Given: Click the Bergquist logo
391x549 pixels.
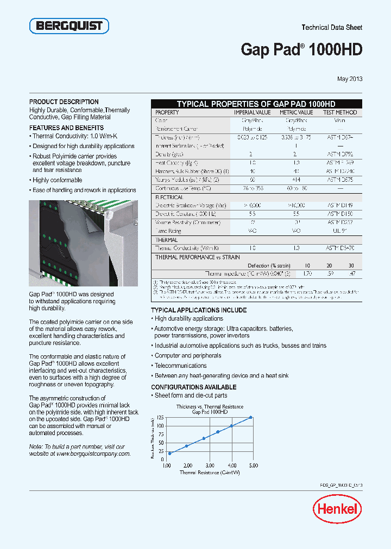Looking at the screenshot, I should click(69, 26).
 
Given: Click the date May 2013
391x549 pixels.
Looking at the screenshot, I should click(349, 79).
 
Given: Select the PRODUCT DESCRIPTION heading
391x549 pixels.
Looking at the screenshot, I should click(64, 101).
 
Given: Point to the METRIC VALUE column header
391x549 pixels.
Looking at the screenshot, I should click(296, 112).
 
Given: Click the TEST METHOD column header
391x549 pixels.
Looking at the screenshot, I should click(340, 112).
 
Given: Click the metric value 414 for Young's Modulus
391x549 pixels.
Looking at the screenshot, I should click(296, 179).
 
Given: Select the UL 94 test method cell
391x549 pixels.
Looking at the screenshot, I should click(340, 231).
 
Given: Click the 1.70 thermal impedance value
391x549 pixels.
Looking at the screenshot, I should click(307, 274).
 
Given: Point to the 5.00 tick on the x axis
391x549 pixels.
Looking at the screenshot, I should click(253, 465).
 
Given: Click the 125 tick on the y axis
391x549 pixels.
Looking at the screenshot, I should click(160, 417).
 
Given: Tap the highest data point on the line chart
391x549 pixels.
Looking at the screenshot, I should click(251, 417).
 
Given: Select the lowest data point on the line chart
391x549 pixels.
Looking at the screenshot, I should click(169, 453).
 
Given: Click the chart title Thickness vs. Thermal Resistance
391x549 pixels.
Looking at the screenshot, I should click(210, 406).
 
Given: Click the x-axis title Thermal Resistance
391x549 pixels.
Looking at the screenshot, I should click(210, 473).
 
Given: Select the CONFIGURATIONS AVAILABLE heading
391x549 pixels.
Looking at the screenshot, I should click(193, 387).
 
